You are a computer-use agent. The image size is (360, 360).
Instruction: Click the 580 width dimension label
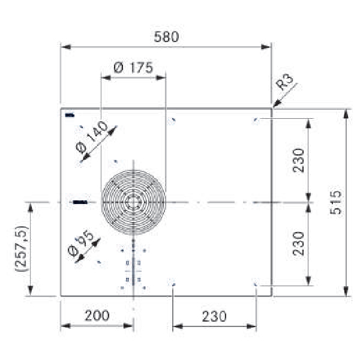tap(166, 37)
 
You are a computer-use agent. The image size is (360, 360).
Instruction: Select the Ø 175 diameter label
tap(133, 67)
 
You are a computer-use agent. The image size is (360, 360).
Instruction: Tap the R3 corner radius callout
tap(284, 82)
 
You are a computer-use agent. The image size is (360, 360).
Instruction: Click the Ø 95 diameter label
tap(81, 242)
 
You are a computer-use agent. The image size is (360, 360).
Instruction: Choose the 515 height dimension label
tap(335, 203)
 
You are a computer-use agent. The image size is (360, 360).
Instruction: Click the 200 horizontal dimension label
tap(97, 315)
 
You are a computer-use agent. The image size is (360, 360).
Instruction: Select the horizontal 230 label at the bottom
tap(214, 316)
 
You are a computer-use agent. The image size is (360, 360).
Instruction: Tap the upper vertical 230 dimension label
tap(298, 160)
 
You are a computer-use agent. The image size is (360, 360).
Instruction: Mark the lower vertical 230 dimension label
tap(298, 244)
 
